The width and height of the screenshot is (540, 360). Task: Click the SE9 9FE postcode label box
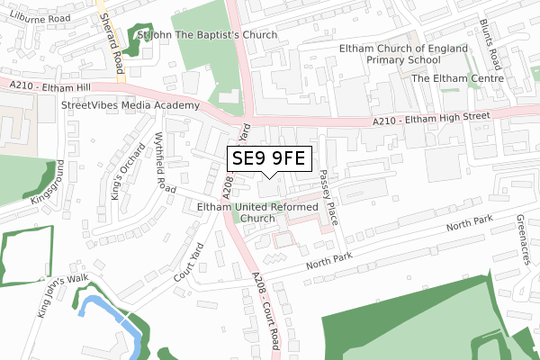(x=270, y=159)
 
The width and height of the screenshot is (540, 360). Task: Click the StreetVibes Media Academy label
(x=130, y=105)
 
